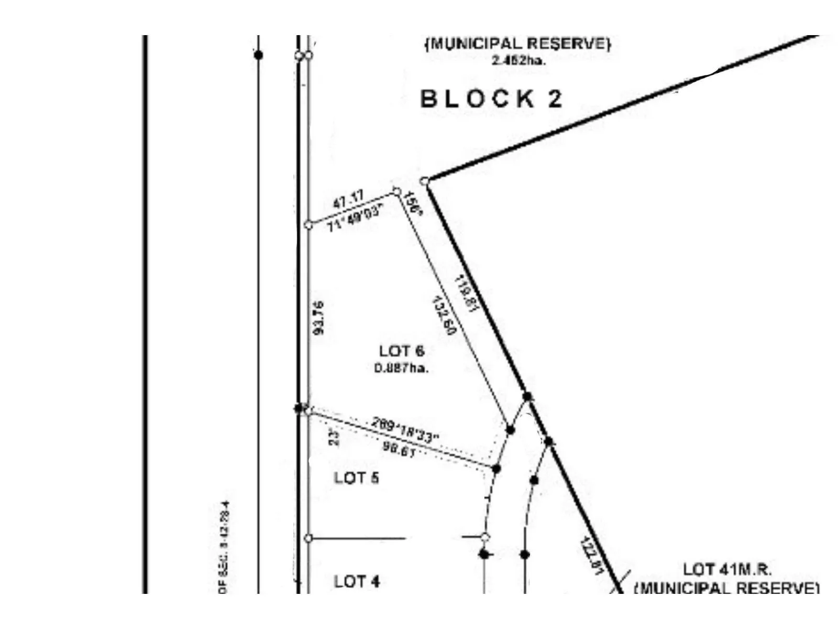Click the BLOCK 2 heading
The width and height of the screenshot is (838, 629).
[491, 99]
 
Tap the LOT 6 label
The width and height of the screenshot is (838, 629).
[402, 351]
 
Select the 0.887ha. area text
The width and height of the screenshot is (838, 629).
[401, 368]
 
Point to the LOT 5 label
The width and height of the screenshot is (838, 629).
[356, 478]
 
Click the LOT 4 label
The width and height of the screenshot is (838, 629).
[357, 581]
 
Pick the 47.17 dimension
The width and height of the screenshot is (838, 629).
[348, 200]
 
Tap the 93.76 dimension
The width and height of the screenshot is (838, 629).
[318, 318]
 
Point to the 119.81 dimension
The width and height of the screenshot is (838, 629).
[467, 294]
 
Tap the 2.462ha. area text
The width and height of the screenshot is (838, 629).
[519, 60]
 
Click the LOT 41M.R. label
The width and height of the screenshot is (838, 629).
[726, 569]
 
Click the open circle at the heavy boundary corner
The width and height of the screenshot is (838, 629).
[425, 181]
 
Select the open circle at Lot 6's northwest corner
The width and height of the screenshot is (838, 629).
[308, 225]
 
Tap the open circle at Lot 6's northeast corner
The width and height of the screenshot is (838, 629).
[397, 192]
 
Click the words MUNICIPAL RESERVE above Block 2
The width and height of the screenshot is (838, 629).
[517, 44]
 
